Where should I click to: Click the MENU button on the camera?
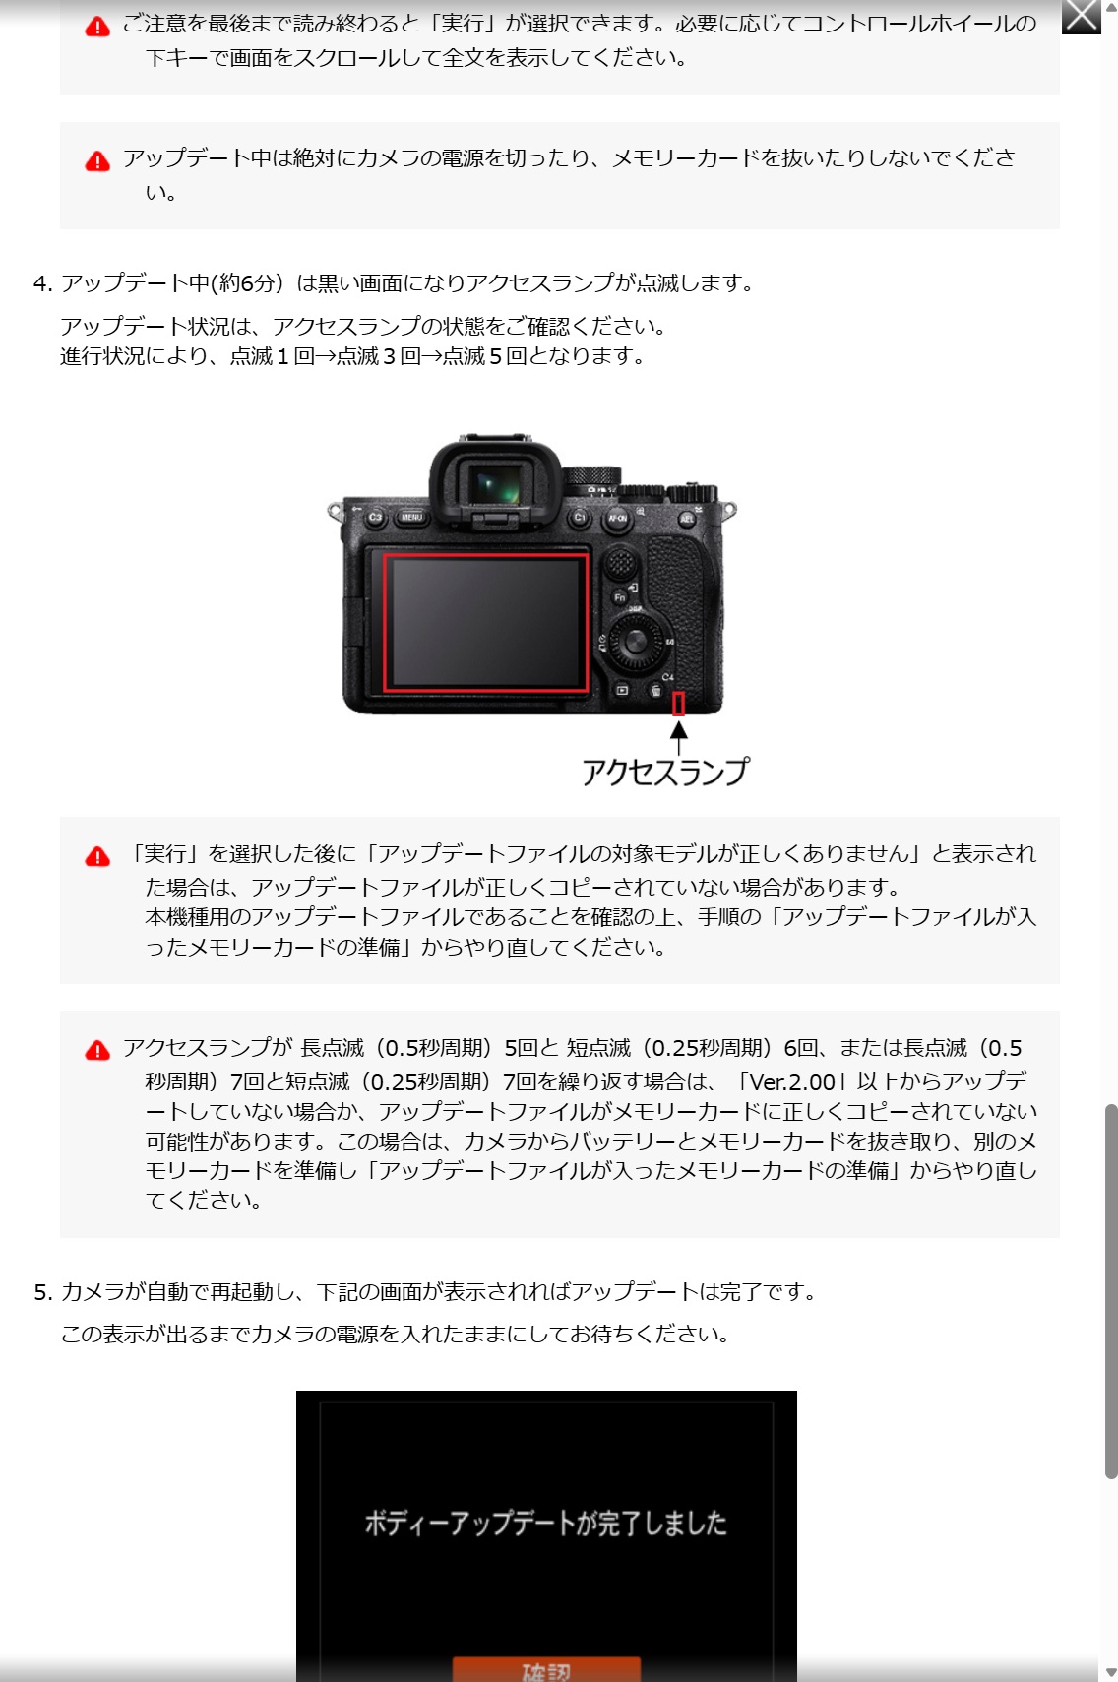411,517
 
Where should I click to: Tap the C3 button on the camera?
375,517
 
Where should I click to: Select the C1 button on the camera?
579,517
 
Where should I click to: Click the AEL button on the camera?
686,518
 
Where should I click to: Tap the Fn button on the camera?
619,597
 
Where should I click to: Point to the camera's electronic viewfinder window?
495,484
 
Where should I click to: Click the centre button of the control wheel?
635,642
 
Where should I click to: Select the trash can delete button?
655,691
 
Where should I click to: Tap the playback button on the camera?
622,690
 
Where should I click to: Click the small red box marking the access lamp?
678,704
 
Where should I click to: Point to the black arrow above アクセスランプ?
678,737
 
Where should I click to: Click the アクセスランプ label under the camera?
665,772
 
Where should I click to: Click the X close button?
1082,17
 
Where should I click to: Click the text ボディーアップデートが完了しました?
546,1523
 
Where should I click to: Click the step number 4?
42,283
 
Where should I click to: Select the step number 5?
42,1292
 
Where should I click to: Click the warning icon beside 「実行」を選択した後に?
97,856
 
